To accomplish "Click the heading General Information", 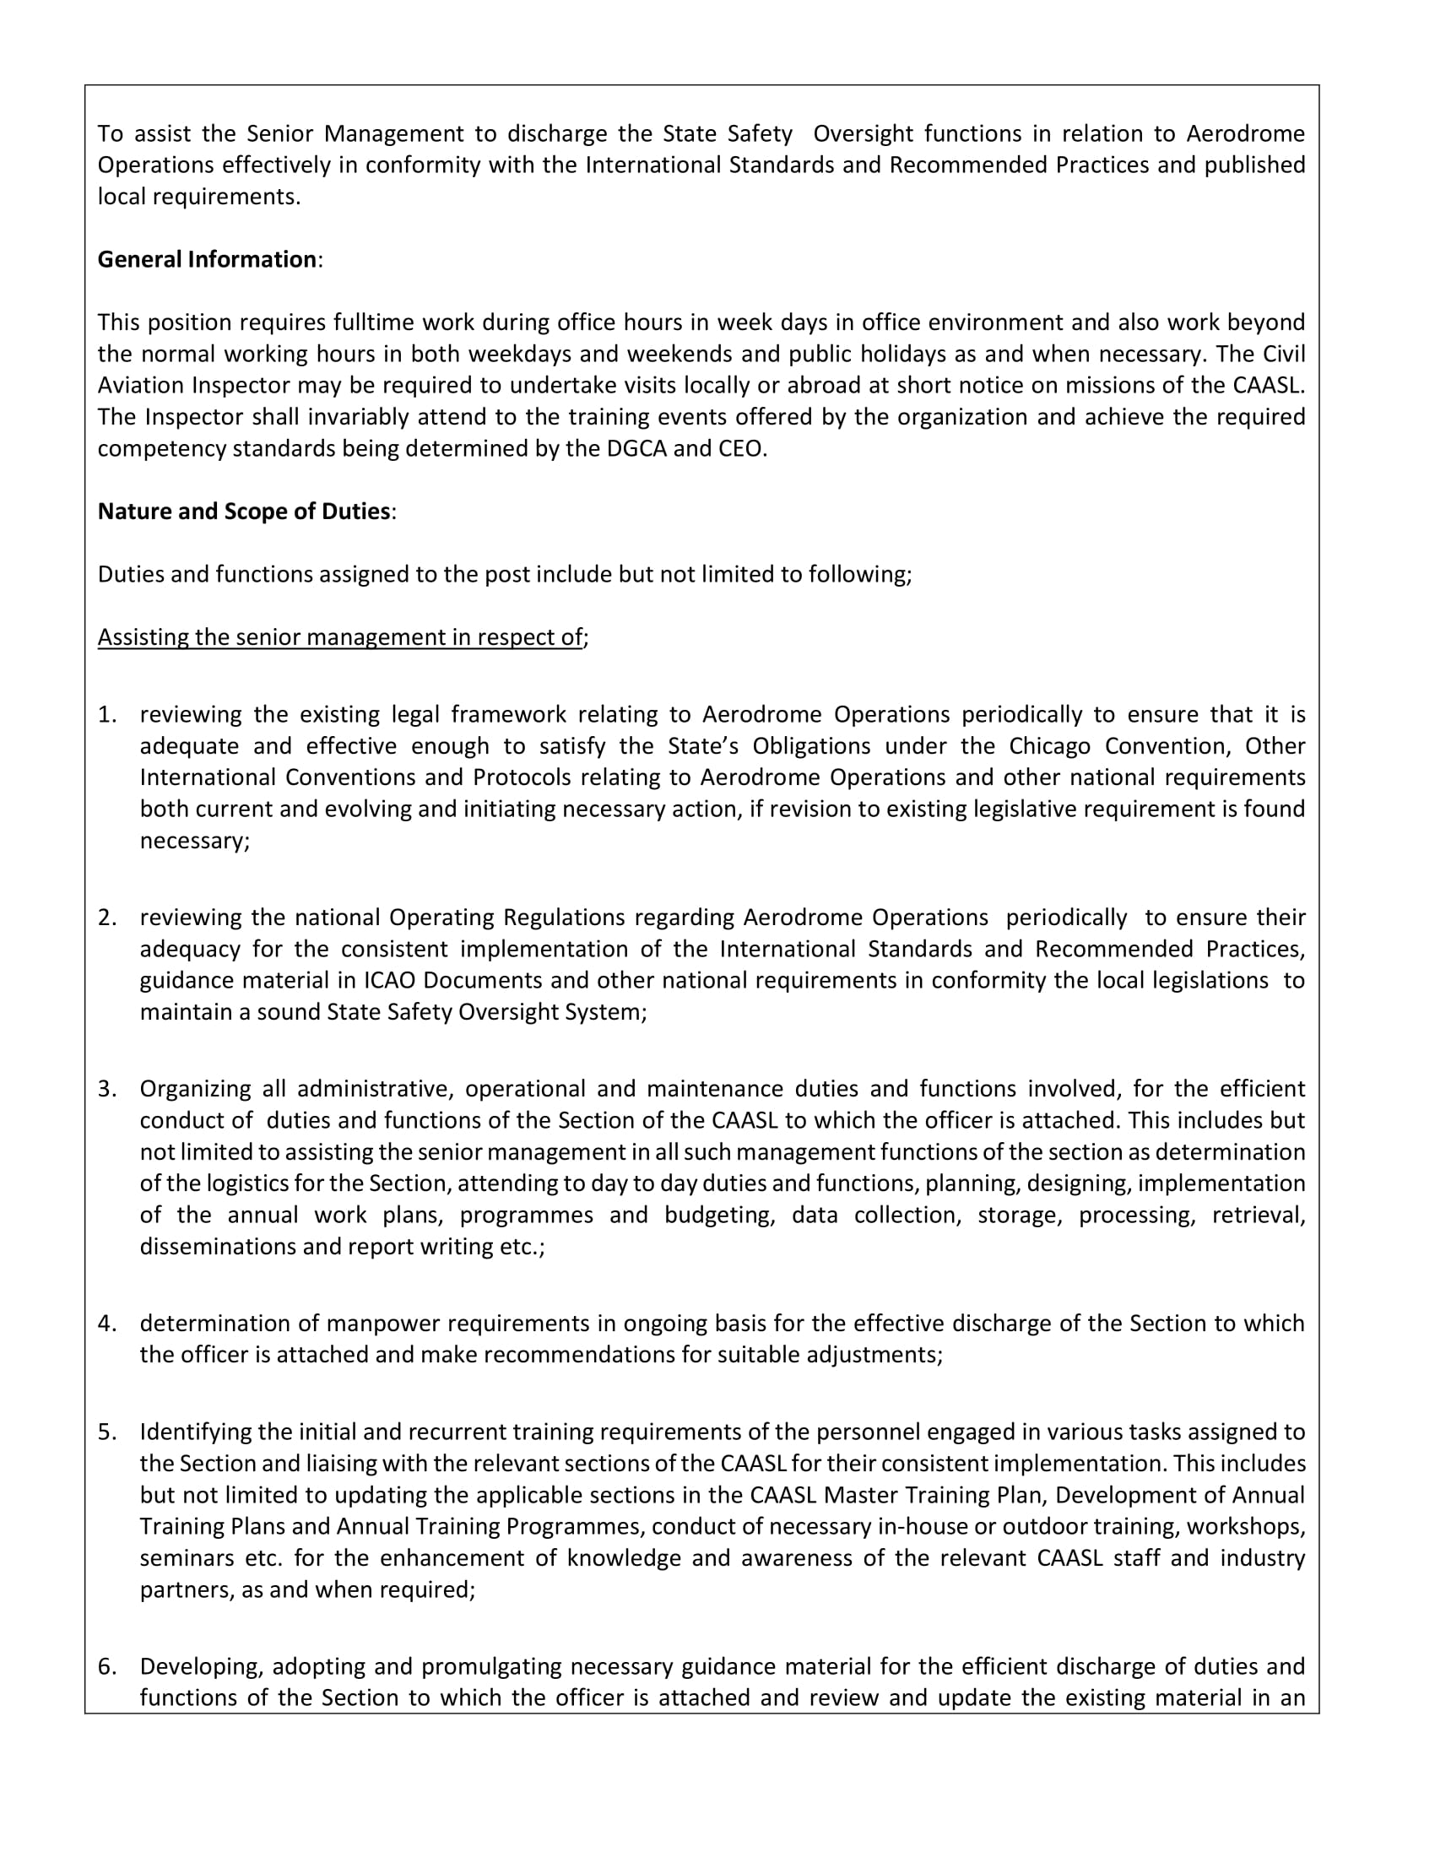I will [x=207, y=259].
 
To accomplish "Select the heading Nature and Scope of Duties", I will [x=244, y=511].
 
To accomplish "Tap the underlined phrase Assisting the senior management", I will [x=340, y=636].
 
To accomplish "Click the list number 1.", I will [x=106, y=714].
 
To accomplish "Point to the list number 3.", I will [x=106, y=1088].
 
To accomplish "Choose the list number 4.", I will [x=106, y=1323].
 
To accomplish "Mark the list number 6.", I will [x=106, y=1665].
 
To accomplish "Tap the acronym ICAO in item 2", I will [x=390, y=980].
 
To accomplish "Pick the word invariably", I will [x=304, y=417].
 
